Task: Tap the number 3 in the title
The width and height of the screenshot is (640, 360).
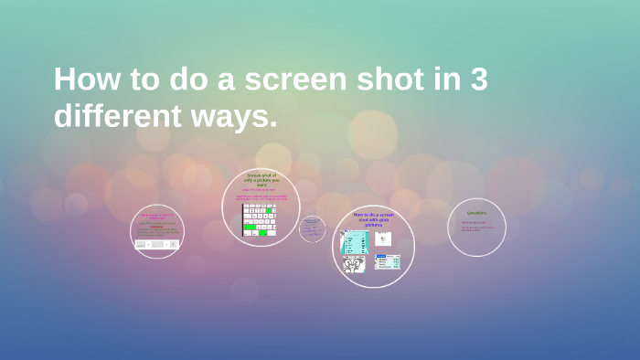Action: (478, 79)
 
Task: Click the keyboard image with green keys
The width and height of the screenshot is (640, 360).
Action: (259, 219)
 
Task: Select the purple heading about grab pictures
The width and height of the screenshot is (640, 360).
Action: (373, 219)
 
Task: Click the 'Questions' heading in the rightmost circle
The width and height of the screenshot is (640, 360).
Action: (476, 213)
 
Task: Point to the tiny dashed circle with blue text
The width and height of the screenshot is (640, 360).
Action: (312, 228)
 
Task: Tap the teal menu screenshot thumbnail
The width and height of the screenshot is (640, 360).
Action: (355, 241)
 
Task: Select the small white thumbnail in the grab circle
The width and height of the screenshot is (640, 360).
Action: (383, 238)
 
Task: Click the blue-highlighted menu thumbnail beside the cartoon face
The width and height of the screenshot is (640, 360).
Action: (388, 262)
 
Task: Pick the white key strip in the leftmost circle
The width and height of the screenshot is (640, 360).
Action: (156, 244)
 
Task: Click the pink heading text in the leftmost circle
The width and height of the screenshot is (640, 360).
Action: (156, 217)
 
